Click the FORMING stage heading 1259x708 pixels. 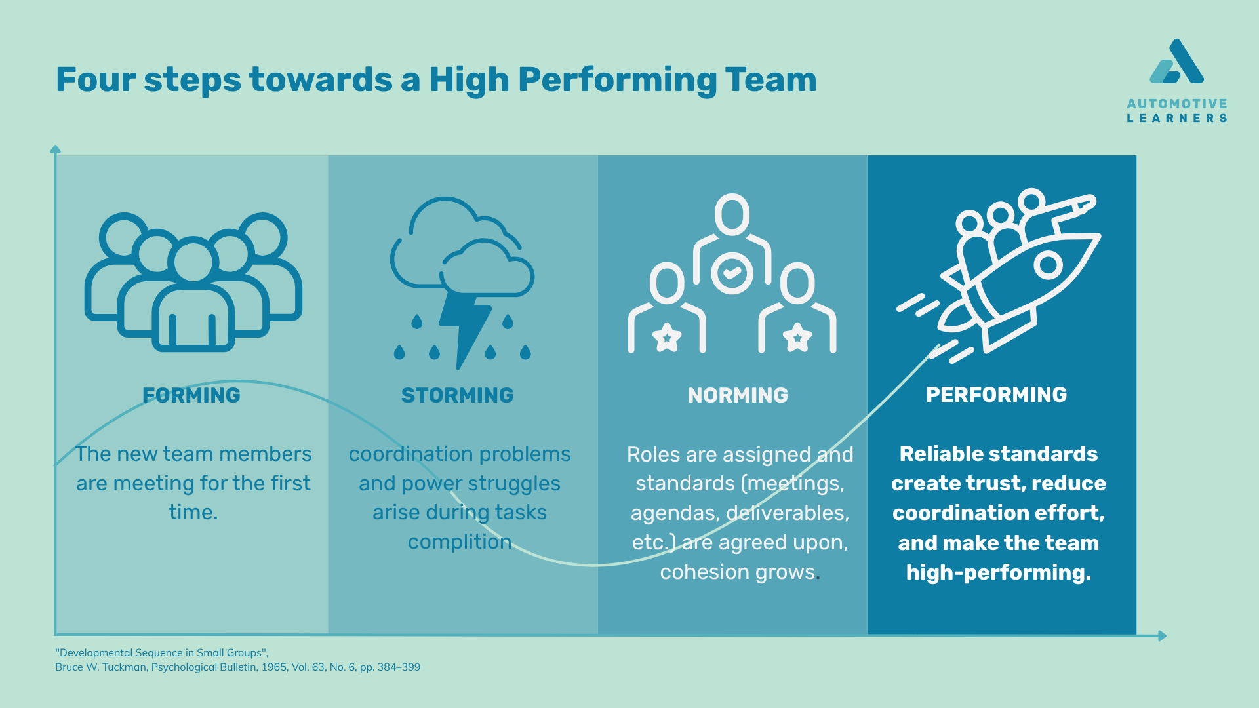191,395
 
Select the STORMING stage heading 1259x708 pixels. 458,395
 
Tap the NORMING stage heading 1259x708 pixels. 738,395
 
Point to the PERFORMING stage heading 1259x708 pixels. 997,395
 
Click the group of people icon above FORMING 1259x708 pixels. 193,282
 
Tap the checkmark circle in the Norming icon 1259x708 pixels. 732,273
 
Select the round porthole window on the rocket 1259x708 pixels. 1048,265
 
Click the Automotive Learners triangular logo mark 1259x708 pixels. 1176,62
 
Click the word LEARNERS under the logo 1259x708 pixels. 1177,119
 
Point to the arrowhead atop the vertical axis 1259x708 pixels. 56,149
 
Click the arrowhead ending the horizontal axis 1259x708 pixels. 1162,635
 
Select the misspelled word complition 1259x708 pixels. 460,542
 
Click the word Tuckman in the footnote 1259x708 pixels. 123,667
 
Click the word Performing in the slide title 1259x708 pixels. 618,81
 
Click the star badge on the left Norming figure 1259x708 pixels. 667,338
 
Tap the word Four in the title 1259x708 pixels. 96,80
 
